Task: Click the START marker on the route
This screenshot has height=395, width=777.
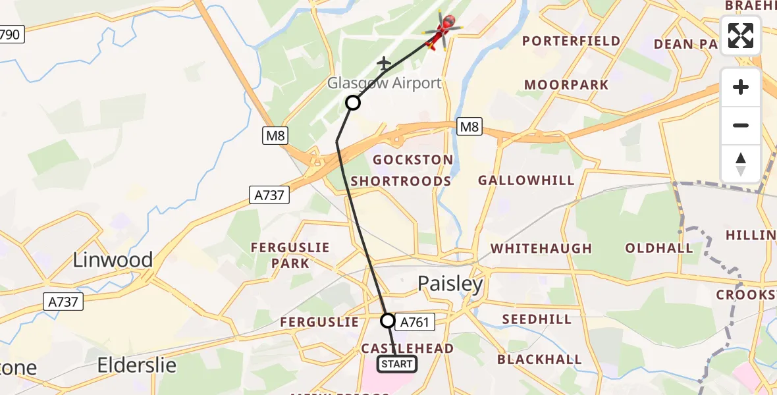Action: (x=396, y=364)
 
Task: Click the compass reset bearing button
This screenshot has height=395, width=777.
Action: (x=741, y=164)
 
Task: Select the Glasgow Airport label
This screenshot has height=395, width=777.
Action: (x=385, y=84)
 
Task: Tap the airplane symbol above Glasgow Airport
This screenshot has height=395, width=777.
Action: (x=384, y=63)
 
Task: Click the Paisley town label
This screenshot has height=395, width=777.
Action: (x=450, y=284)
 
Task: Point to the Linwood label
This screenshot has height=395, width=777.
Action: (x=113, y=259)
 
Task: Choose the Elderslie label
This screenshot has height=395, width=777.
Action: (x=137, y=365)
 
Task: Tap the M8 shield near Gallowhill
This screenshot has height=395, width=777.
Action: (x=469, y=126)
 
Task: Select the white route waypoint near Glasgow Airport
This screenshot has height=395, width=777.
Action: (x=353, y=103)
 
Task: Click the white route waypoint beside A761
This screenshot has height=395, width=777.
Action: (x=388, y=321)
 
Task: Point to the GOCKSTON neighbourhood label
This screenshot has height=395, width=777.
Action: (x=413, y=160)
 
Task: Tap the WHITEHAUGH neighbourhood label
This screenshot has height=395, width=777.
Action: (x=541, y=249)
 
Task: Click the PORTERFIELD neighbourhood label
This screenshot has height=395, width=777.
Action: (x=572, y=41)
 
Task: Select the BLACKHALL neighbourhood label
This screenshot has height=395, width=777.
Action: (x=539, y=359)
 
